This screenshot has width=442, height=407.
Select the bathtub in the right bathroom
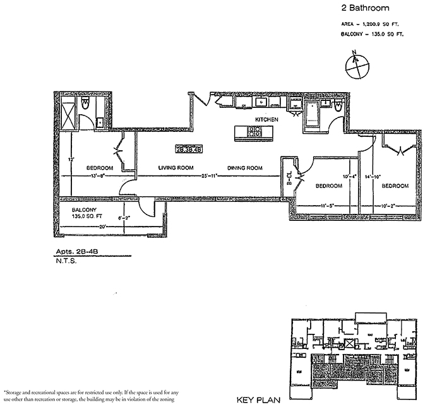click(313, 114)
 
